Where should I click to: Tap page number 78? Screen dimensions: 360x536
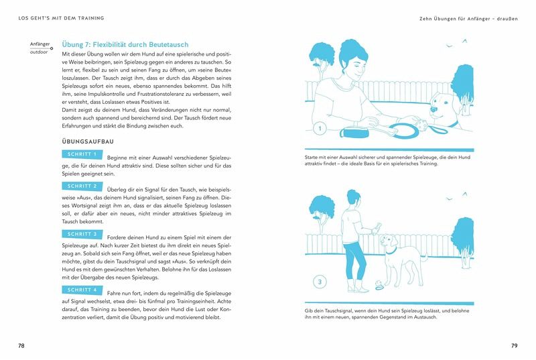coord(22,345)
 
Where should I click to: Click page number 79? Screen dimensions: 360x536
coord(514,345)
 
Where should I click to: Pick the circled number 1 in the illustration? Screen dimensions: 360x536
coord(320,128)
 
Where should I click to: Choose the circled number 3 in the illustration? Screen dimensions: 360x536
coord(320,282)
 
